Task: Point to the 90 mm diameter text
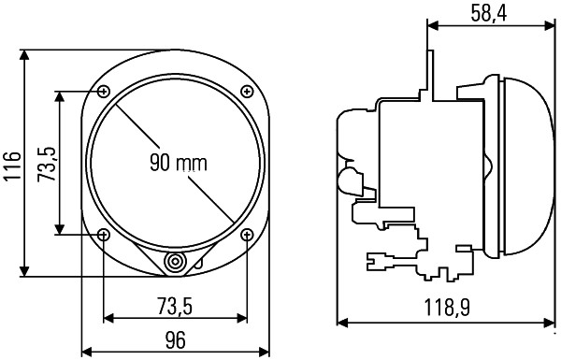point(177,162)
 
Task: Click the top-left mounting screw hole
point(103,91)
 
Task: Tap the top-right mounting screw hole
point(247,91)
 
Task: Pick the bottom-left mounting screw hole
point(103,234)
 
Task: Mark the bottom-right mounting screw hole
point(247,234)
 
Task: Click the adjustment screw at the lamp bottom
point(175,263)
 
